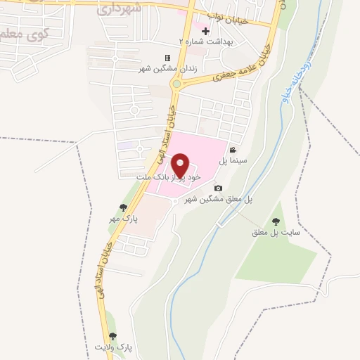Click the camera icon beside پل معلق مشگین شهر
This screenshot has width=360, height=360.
coord(218,188)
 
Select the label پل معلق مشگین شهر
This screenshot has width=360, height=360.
coord(219,199)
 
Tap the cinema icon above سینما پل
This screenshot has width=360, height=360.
coord(233,150)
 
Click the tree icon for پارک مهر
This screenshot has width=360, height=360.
coord(124,207)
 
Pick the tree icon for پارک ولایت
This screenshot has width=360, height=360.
coord(112,337)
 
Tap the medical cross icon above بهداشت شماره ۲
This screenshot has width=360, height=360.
coord(205,32)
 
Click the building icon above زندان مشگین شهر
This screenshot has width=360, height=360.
coord(167,58)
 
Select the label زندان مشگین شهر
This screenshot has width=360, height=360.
coord(167,68)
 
